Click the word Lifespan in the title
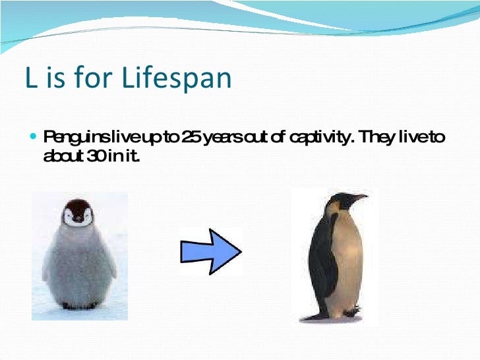click(x=176, y=78)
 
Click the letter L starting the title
click(x=32, y=77)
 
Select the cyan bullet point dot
click(x=34, y=136)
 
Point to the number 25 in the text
click(x=191, y=137)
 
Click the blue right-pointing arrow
click(x=211, y=251)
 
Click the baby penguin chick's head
click(x=78, y=213)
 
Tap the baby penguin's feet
click(x=79, y=305)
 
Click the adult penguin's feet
click(x=351, y=311)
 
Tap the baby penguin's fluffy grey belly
click(x=78, y=266)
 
